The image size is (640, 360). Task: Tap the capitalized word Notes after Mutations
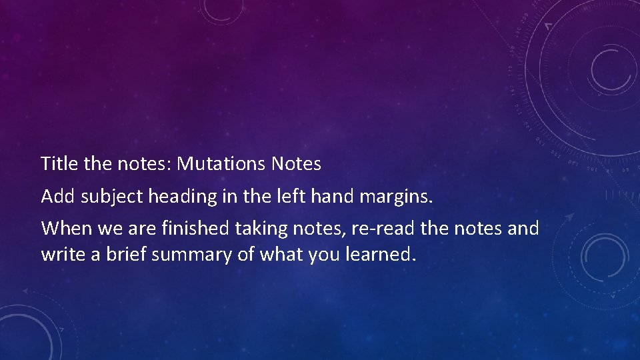pos(296,163)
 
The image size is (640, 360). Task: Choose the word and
pos(523,229)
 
